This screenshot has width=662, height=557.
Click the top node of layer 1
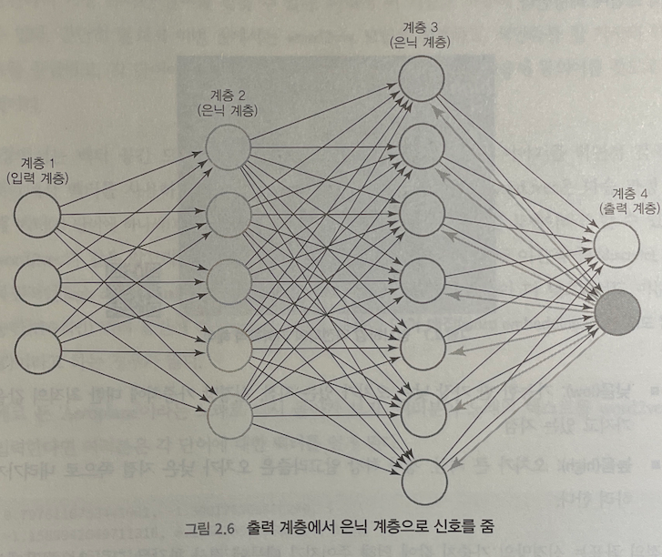coord(37,216)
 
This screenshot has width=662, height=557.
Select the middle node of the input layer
coord(37,282)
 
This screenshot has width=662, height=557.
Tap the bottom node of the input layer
coord(37,349)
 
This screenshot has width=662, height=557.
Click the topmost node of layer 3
coord(422,78)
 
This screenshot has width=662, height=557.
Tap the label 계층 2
coord(226,94)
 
